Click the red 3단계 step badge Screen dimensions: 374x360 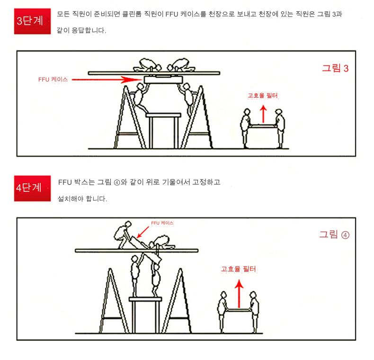[x=32, y=21]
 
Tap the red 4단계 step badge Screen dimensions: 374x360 [x=32, y=189]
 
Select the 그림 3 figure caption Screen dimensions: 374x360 [x=335, y=68]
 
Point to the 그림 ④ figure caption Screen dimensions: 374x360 [x=334, y=234]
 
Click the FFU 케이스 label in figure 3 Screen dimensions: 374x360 [x=53, y=80]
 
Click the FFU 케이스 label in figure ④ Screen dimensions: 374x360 [x=162, y=223]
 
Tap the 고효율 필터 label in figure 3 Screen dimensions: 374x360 [x=263, y=96]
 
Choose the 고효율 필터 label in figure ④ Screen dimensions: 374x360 [x=238, y=269]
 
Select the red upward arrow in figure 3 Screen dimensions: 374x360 [x=263, y=114]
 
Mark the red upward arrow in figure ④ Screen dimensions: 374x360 [x=239, y=294]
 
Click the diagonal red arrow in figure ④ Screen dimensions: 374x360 [x=143, y=232]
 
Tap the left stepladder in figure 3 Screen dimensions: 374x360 [x=129, y=117]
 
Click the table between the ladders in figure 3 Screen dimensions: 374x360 [x=163, y=131]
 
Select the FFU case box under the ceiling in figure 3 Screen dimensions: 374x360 [x=163, y=80]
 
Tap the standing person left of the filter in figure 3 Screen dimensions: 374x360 [x=245, y=128]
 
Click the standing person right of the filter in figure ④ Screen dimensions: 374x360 [x=254, y=312]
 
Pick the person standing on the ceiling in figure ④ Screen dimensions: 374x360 [x=122, y=234]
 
